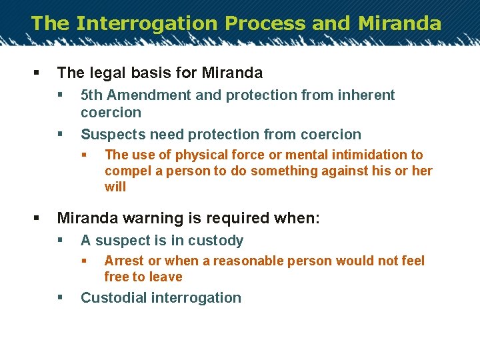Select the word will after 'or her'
click(115, 187)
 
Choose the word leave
click(165, 277)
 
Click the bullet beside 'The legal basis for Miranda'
click(35, 73)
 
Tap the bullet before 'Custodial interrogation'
click(60, 298)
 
